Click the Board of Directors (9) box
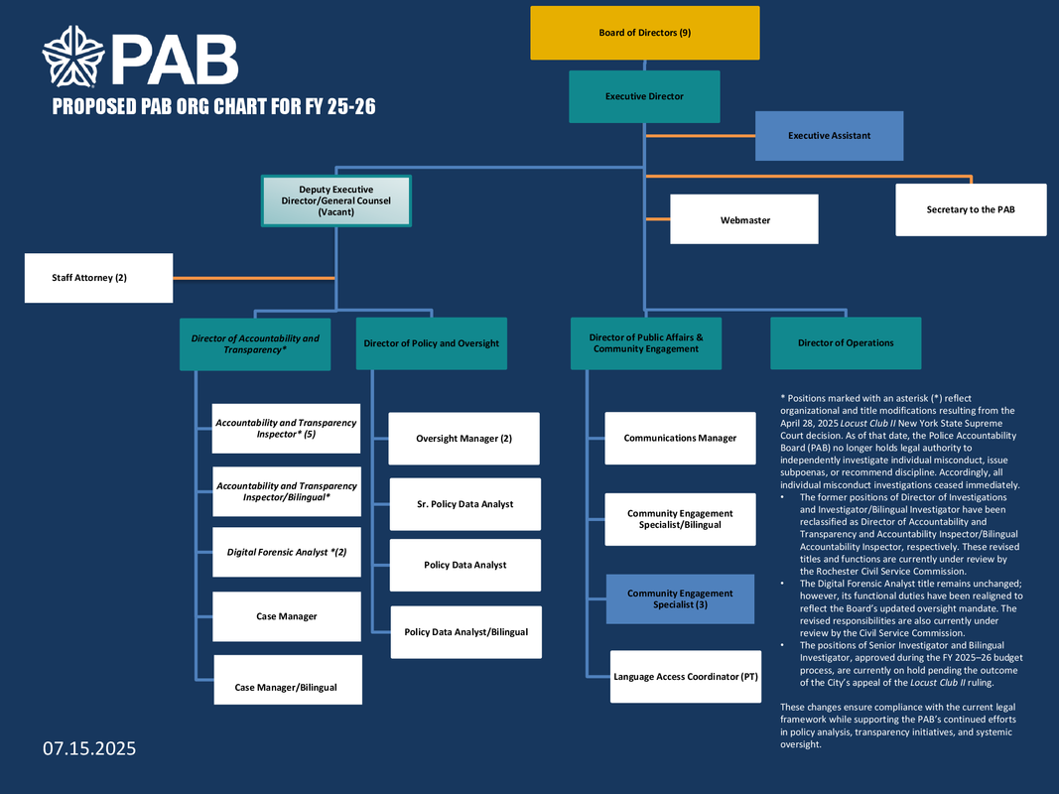645,33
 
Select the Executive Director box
644,96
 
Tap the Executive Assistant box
829,135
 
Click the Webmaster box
744,219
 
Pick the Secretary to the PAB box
971,209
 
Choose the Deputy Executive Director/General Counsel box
336,200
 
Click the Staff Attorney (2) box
98,278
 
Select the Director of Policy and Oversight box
431,343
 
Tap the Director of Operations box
846,343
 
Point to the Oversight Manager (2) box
463,439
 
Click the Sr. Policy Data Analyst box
465,504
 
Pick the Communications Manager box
680,438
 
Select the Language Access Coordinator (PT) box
686,676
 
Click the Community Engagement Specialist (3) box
680,598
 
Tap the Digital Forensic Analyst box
287,552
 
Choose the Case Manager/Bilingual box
287,687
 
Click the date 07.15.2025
89,747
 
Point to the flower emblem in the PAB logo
72,58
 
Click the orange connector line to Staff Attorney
253,278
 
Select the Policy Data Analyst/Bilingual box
465,632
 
